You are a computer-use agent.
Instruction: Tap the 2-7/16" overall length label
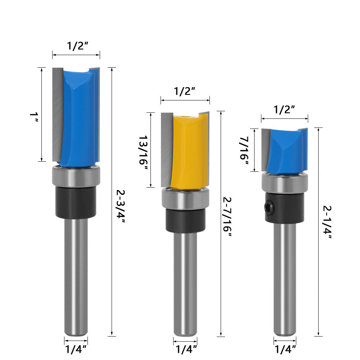[227, 217]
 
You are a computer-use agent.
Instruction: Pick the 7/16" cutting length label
[245, 150]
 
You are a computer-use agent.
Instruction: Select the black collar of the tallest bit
[76, 202]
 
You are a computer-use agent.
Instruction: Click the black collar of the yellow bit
[185, 220]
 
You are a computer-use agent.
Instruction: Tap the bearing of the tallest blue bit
[76, 176]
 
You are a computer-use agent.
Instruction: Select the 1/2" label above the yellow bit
[185, 91]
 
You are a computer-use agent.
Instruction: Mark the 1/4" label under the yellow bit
[185, 348]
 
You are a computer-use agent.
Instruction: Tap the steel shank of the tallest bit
[76, 277]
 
